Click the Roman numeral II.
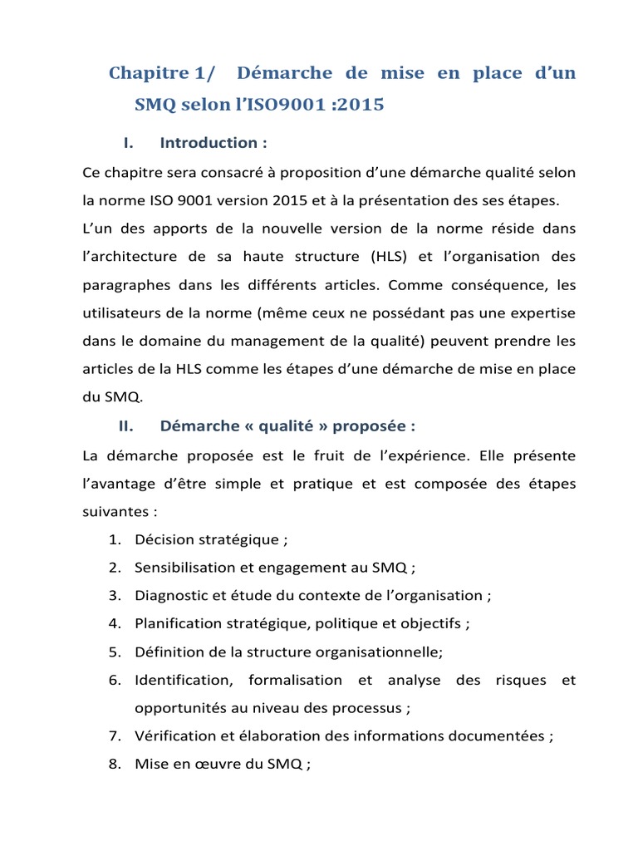point(125,426)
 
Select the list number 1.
point(114,540)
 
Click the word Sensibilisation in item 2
point(184,568)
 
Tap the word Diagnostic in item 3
point(170,596)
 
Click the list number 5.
point(114,652)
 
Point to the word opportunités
point(176,708)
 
